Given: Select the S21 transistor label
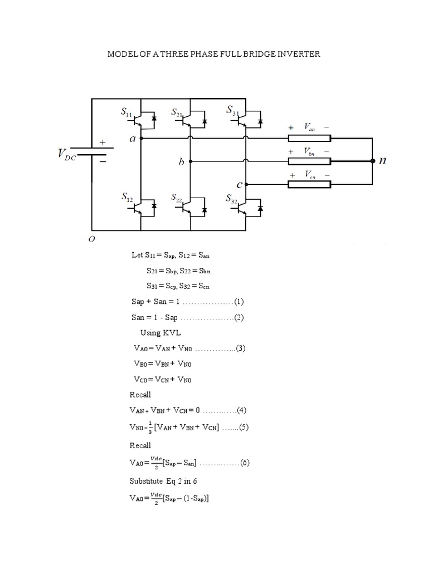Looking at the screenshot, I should tap(177, 114).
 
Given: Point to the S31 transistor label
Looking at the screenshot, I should tap(233, 111).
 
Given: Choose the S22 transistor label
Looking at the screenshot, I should tap(177, 198).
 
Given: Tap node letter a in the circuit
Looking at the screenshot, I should tap(132, 139).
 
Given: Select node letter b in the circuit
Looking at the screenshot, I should tap(181, 163).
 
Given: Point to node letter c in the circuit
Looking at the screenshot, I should tap(239, 184).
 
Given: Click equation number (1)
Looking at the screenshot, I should tap(239, 302).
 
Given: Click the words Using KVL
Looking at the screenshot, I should tap(161, 332).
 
